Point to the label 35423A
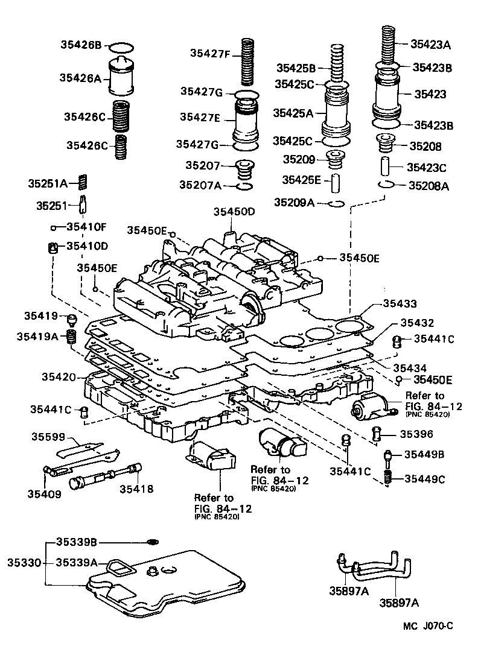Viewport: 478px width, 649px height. tap(431, 43)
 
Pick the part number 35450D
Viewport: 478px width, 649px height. tap(234, 212)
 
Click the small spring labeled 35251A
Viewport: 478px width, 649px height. tap(84, 181)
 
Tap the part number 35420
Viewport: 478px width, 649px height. tap(58, 377)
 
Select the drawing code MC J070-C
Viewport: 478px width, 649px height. tap(428, 626)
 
